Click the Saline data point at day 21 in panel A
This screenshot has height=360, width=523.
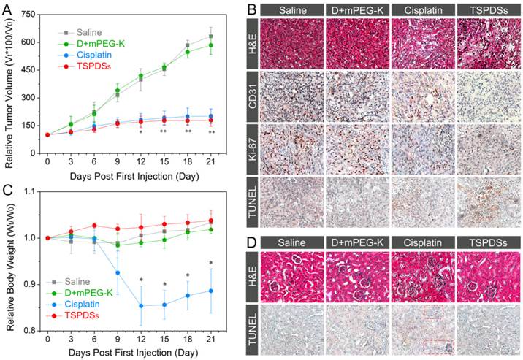pyautogui.click(x=210, y=36)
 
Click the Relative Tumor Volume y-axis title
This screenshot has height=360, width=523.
pyautogui.click(x=9, y=83)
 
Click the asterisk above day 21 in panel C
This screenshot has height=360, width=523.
pyautogui.click(x=210, y=264)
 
